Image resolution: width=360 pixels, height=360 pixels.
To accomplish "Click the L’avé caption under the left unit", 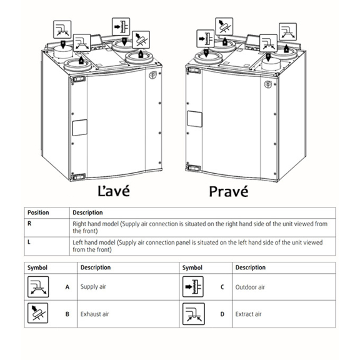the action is [114, 191].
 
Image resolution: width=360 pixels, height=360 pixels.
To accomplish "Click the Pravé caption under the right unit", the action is [229, 191].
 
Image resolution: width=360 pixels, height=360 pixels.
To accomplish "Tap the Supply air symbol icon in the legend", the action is [38, 287].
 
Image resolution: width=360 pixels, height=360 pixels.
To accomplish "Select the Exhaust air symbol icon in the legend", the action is [38, 313].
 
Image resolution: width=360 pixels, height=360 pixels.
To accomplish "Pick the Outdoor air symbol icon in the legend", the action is [193, 286].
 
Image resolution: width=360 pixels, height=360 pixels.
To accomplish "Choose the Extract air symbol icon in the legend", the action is [194, 314].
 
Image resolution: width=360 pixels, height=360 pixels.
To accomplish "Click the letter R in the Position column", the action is [29, 223].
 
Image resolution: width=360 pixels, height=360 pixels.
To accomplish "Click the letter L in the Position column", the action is [29, 242].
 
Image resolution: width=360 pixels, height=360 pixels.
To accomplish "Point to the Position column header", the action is [38, 212].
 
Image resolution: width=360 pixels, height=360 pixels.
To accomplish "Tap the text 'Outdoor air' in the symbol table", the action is [250, 287].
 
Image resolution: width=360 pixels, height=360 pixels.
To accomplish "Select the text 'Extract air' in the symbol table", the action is [248, 314].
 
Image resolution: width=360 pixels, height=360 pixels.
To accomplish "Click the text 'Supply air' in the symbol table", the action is [93, 287].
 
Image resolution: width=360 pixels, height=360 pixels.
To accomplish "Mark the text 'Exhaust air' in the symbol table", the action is [94, 314].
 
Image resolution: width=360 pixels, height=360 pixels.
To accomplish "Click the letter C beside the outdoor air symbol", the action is [222, 287].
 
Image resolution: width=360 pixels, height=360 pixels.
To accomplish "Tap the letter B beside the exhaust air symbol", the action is [67, 314].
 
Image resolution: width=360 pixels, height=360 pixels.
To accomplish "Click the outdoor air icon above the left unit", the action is [121, 27].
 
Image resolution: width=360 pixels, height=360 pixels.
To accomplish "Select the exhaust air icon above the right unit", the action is [224, 27].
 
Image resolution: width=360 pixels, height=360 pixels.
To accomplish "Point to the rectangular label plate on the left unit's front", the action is [79, 127].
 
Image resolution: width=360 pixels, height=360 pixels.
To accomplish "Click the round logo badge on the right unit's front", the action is [268, 84].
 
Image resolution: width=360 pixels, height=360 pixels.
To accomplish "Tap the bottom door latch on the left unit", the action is [78, 177].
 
